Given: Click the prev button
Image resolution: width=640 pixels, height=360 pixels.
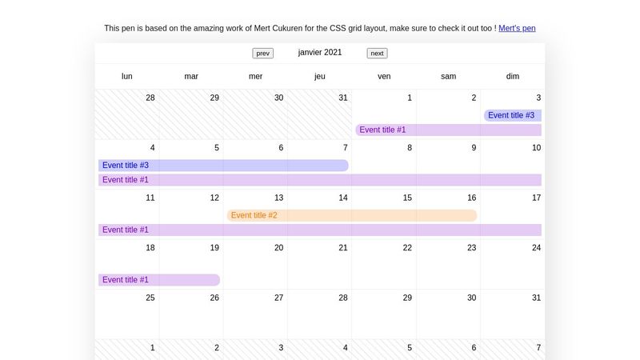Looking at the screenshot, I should coord(262,54).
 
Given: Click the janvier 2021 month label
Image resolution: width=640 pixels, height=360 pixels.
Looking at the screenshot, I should coord(320,53).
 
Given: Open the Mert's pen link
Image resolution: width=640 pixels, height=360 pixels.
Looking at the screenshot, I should coord(517,28).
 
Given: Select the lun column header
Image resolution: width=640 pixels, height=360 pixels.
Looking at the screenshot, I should coord(127,77).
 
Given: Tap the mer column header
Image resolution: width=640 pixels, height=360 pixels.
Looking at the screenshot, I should coord(255,77).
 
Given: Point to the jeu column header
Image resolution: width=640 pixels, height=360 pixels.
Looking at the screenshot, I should coord(320,77).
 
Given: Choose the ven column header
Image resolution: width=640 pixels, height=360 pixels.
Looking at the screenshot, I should coord(384,77).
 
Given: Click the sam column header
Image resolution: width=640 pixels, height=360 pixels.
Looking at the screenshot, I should coord(449,77).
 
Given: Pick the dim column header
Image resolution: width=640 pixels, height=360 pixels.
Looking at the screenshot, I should coord(513,77).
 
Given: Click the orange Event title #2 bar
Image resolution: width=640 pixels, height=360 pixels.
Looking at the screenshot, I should coord(352,215).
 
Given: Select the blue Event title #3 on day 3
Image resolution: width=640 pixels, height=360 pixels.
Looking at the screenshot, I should coord(512,115).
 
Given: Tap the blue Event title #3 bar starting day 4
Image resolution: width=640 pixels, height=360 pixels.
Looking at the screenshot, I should coord(223,166).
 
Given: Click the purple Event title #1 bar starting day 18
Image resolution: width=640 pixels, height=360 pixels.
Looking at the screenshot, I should coord(159,280).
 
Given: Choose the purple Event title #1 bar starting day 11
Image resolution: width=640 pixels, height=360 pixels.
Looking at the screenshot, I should coord(320,230).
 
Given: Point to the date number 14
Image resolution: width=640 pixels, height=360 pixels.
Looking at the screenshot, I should coord(343,198).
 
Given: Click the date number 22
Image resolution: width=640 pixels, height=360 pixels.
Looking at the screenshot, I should coord(407,248).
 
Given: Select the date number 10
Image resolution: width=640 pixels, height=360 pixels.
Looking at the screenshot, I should coord(536,148).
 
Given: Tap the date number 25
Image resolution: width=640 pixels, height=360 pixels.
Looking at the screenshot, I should coord(150,298).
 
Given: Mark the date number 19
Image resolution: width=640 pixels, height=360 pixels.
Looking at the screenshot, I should coord(214,248).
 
